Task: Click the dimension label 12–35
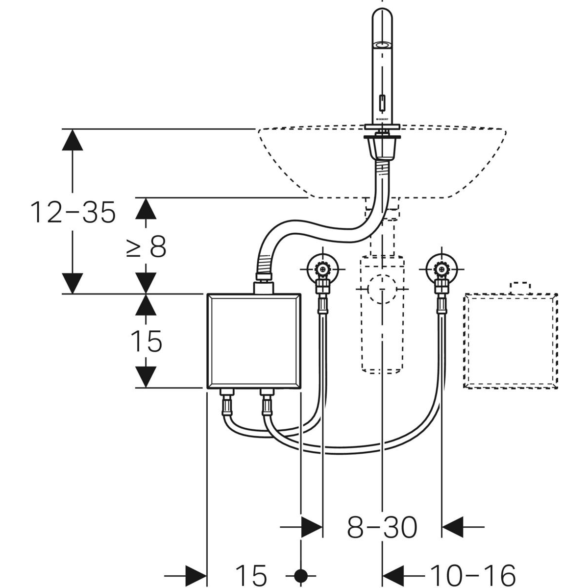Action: tap(73, 213)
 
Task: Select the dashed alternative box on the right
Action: tap(511, 341)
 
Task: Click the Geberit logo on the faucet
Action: tap(382, 119)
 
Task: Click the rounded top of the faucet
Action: tap(382, 20)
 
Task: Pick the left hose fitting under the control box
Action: tap(227, 402)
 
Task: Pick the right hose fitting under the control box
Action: tap(267, 402)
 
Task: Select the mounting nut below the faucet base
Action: tap(382, 147)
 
